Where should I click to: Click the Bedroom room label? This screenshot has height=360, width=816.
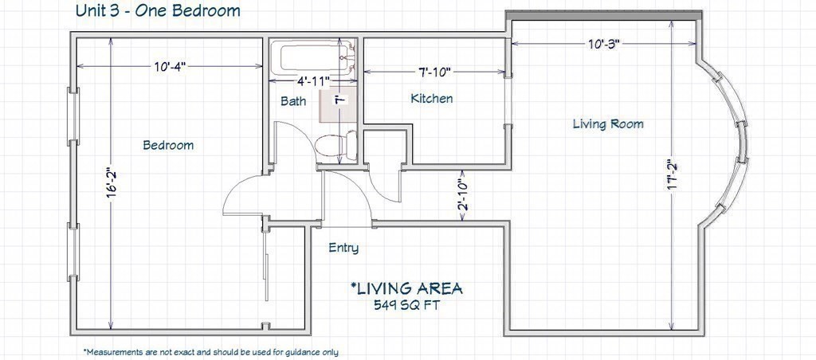click(168, 145)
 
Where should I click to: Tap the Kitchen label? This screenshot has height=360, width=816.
click(431, 98)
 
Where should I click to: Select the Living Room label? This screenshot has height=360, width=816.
click(608, 124)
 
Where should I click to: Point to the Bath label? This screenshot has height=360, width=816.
click(293, 101)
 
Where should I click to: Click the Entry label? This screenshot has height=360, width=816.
click(343, 248)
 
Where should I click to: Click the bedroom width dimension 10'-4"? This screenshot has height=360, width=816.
click(170, 67)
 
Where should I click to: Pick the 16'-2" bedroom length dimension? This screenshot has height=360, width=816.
click(110, 182)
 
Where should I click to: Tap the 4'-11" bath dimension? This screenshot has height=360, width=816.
click(313, 80)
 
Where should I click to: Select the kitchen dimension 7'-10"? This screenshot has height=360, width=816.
click(434, 72)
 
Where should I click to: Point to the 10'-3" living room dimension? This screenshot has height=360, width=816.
click(605, 45)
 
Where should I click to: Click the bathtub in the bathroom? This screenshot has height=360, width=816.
click(312, 59)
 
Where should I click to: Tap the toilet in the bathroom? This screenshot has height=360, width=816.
click(336, 145)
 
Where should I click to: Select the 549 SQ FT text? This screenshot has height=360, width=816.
click(406, 305)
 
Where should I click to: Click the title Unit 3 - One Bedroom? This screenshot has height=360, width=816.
click(158, 10)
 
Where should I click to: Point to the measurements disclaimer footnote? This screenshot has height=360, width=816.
click(210, 352)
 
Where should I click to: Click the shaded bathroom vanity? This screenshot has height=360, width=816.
click(338, 105)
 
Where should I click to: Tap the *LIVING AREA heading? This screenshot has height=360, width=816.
click(406, 288)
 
